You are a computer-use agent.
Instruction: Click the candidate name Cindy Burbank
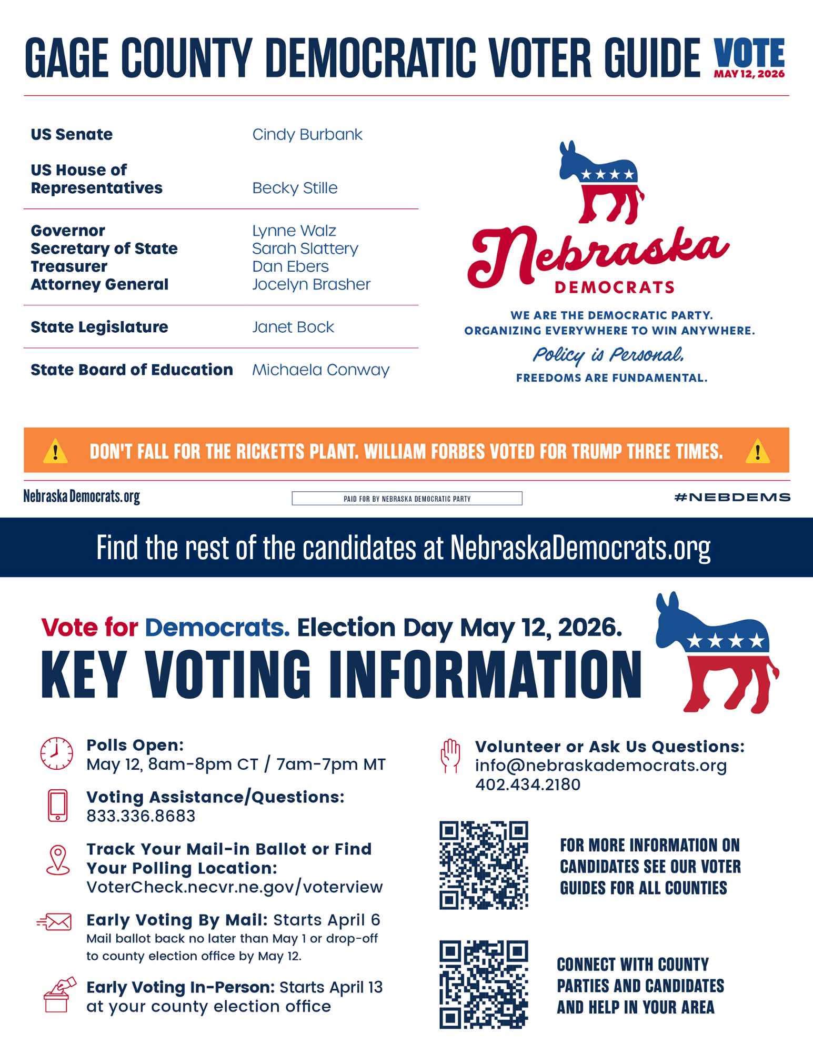pyautogui.click(x=307, y=135)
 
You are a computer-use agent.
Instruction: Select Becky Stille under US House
pyautogui.click(x=295, y=188)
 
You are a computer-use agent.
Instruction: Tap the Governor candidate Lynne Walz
pyautogui.click(x=294, y=231)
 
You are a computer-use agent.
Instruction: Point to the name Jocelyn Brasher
pyautogui.click(x=311, y=284)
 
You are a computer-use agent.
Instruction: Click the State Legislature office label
pyautogui.click(x=99, y=327)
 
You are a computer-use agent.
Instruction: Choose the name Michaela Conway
pyautogui.click(x=320, y=370)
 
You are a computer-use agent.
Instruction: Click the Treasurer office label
pyautogui.click(x=69, y=266)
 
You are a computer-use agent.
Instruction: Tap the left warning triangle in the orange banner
pyautogui.click(x=55, y=452)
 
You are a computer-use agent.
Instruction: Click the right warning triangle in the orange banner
pyautogui.click(x=757, y=452)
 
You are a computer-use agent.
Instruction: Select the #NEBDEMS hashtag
pyautogui.click(x=732, y=497)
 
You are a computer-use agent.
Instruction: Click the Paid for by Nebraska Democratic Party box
pyautogui.click(x=407, y=498)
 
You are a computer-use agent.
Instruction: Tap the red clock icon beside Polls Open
pyautogui.click(x=57, y=753)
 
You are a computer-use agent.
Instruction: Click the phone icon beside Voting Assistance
pyautogui.click(x=57, y=805)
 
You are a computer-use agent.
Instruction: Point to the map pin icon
pyautogui.click(x=58, y=860)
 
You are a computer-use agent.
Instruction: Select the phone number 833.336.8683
pyautogui.click(x=141, y=816)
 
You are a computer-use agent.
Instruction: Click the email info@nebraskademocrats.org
pyautogui.click(x=600, y=766)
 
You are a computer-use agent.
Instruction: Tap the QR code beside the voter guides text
pyautogui.click(x=484, y=865)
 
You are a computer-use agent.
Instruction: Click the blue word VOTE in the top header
pyautogui.click(x=749, y=53)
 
